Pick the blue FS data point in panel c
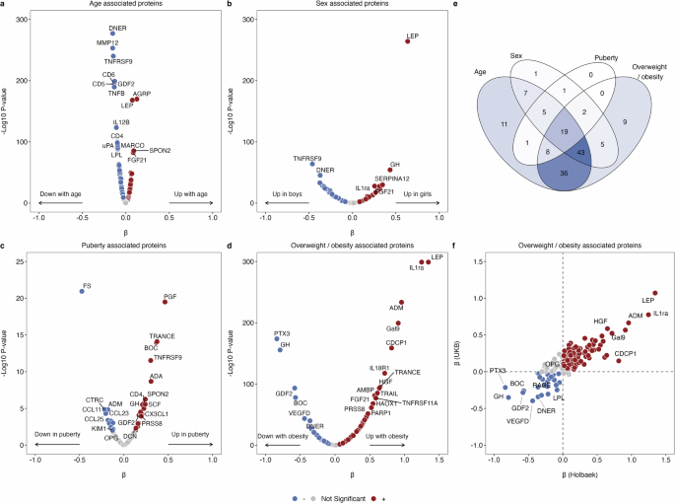[83, 291]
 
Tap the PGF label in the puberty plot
[172, 294]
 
